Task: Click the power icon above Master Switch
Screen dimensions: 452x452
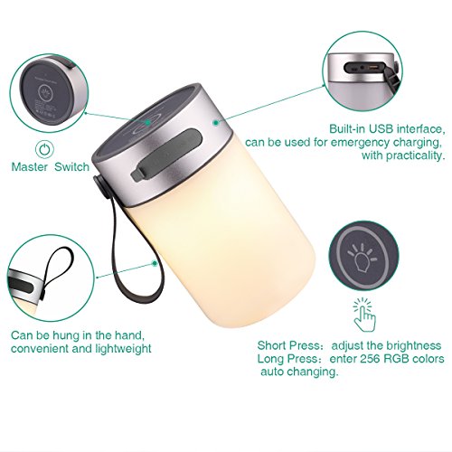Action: click(44, 149)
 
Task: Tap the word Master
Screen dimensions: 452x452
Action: click(30, 167)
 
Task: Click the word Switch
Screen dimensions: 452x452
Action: click(71, 167)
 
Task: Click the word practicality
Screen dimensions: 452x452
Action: click(415, 155)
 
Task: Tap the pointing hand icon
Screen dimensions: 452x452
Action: click(365, 315)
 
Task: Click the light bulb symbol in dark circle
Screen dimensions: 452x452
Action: click(363, 258)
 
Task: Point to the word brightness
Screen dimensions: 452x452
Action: click(414, 346)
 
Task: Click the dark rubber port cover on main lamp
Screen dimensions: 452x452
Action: click(165, 155)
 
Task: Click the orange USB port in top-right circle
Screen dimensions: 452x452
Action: click(372, 67)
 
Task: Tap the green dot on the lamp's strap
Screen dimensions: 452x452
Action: click(155, 264)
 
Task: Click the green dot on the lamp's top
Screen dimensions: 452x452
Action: click(147, 122)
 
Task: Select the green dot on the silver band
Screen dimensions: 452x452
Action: click(216, 123)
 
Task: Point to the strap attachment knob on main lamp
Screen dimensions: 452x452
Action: click(101, 187)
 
